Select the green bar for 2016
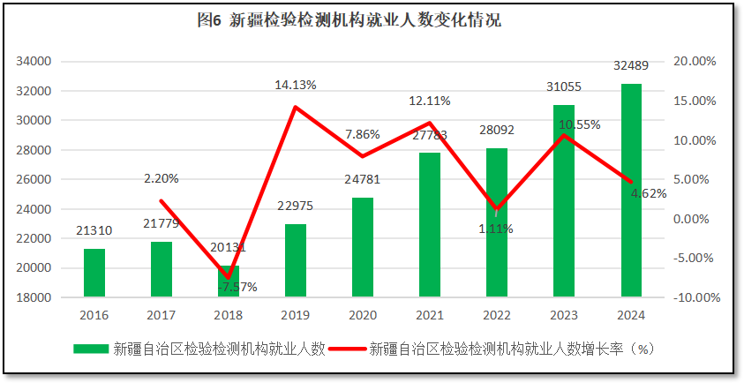click(x=94, y=273)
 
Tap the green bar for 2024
click(x=631, y=190)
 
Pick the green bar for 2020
click(x=363, y=247)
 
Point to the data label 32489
click(x=631, y=66)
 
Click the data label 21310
click(x=94, y=231)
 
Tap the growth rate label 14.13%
click(x=296, y=86)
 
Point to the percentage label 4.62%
click(x=649, y=193)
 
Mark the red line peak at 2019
click(x=296, y=108)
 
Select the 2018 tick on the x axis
click(x=229, y=315)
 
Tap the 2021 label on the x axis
click(x=430, y=315)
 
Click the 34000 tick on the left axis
click(x=35, y=62)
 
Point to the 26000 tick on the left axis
click(x=35, y=180)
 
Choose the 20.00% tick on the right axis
click(x=694, y=62)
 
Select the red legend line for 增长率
click(x=347, y=349)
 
